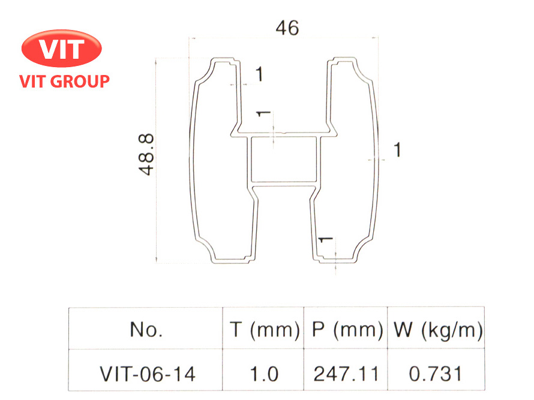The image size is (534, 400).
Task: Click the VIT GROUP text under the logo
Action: tap(65, 81)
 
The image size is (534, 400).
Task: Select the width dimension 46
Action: tap(286, 28)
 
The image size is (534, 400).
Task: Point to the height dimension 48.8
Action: tap(146, 155)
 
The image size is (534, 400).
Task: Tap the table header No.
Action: tap(146, 329)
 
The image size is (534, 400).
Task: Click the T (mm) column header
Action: tap(264, 329)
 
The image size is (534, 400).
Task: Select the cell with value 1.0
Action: tap(263, 374)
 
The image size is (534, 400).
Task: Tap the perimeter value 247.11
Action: tap(346, 374)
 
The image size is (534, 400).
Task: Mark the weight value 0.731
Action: tap(436, 374)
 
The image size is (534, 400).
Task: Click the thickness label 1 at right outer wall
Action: tap(397, 150)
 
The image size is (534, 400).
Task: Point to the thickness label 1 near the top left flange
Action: tap(259, 75)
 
